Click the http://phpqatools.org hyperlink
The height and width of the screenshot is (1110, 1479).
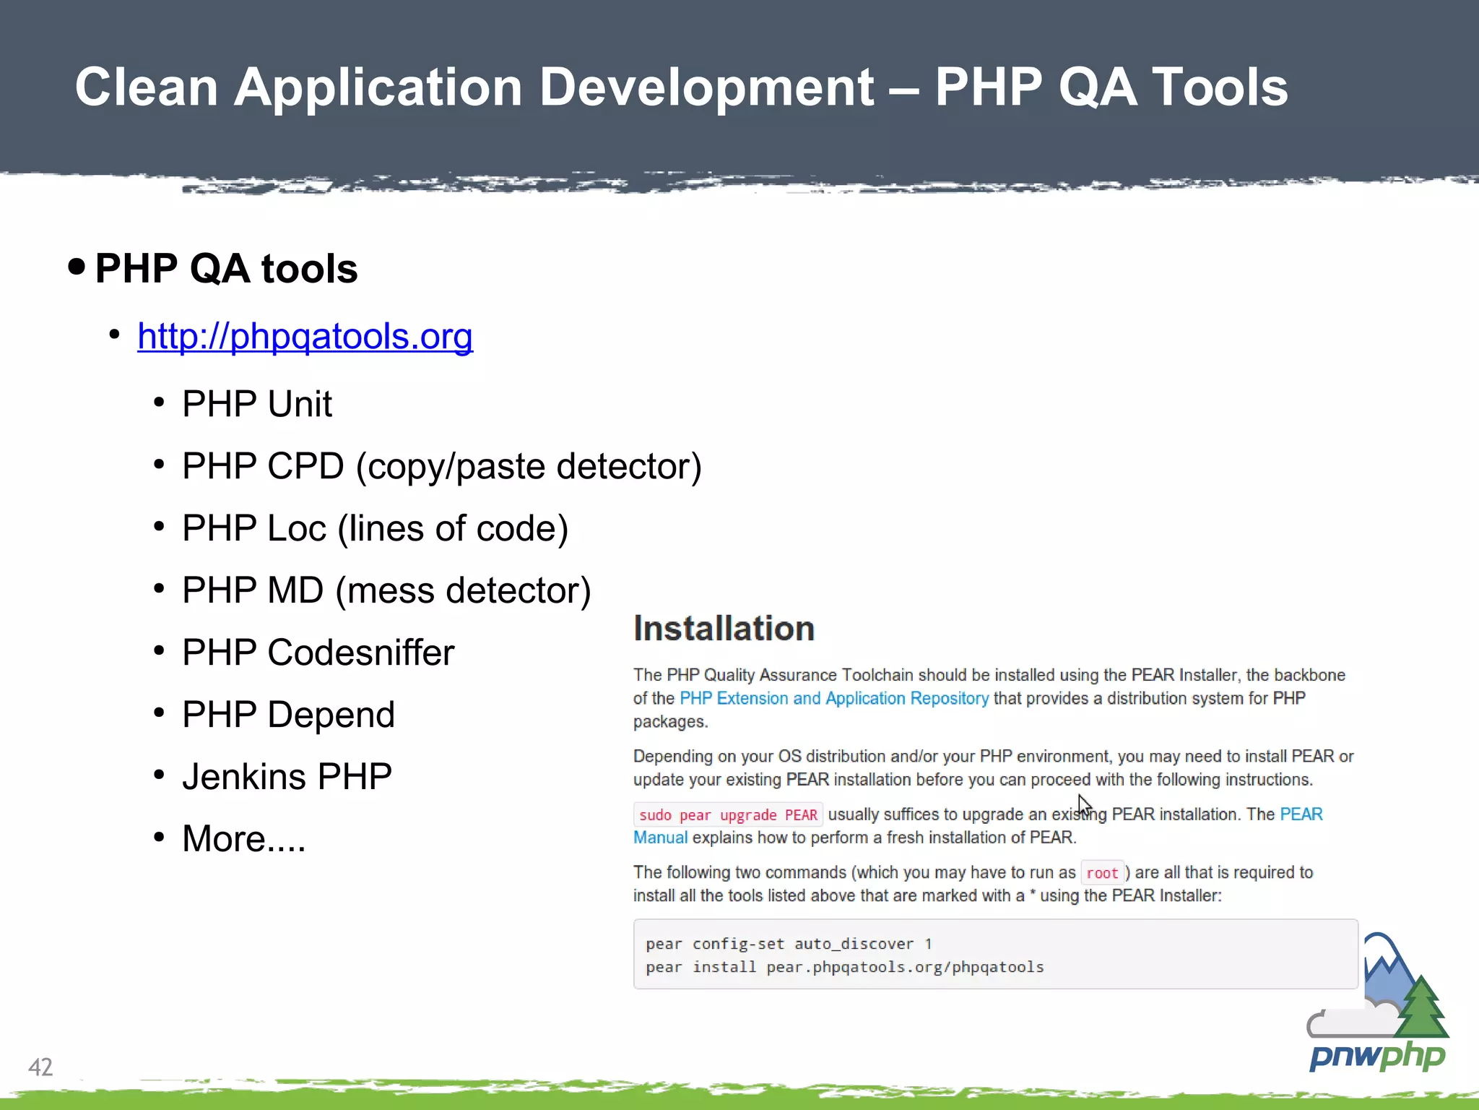[305, 337]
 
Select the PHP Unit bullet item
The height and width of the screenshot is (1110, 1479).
[256, 403]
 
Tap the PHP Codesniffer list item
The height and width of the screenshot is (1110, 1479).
[318, 653]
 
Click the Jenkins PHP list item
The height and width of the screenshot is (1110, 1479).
[287, 777]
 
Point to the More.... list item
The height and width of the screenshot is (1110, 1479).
[243, 839]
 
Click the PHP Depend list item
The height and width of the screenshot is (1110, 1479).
[288, 715]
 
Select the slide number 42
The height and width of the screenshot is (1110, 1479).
[40, 1067]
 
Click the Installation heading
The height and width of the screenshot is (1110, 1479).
[724, 628]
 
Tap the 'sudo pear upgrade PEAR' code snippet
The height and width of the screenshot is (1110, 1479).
[728, 815]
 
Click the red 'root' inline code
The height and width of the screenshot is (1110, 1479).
[1102, 873]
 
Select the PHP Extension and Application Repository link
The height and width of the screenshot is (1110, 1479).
[834, 698]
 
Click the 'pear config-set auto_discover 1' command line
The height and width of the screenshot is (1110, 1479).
[789, 944]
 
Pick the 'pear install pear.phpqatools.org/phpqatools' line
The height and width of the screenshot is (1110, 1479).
[845, 967]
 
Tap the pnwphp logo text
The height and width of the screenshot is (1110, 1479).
[1377, 1057]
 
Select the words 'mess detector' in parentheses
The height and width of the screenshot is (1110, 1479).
[463, 590]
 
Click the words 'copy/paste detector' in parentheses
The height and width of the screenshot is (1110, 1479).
[528, 466]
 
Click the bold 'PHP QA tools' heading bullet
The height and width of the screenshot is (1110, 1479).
[226, 269]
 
